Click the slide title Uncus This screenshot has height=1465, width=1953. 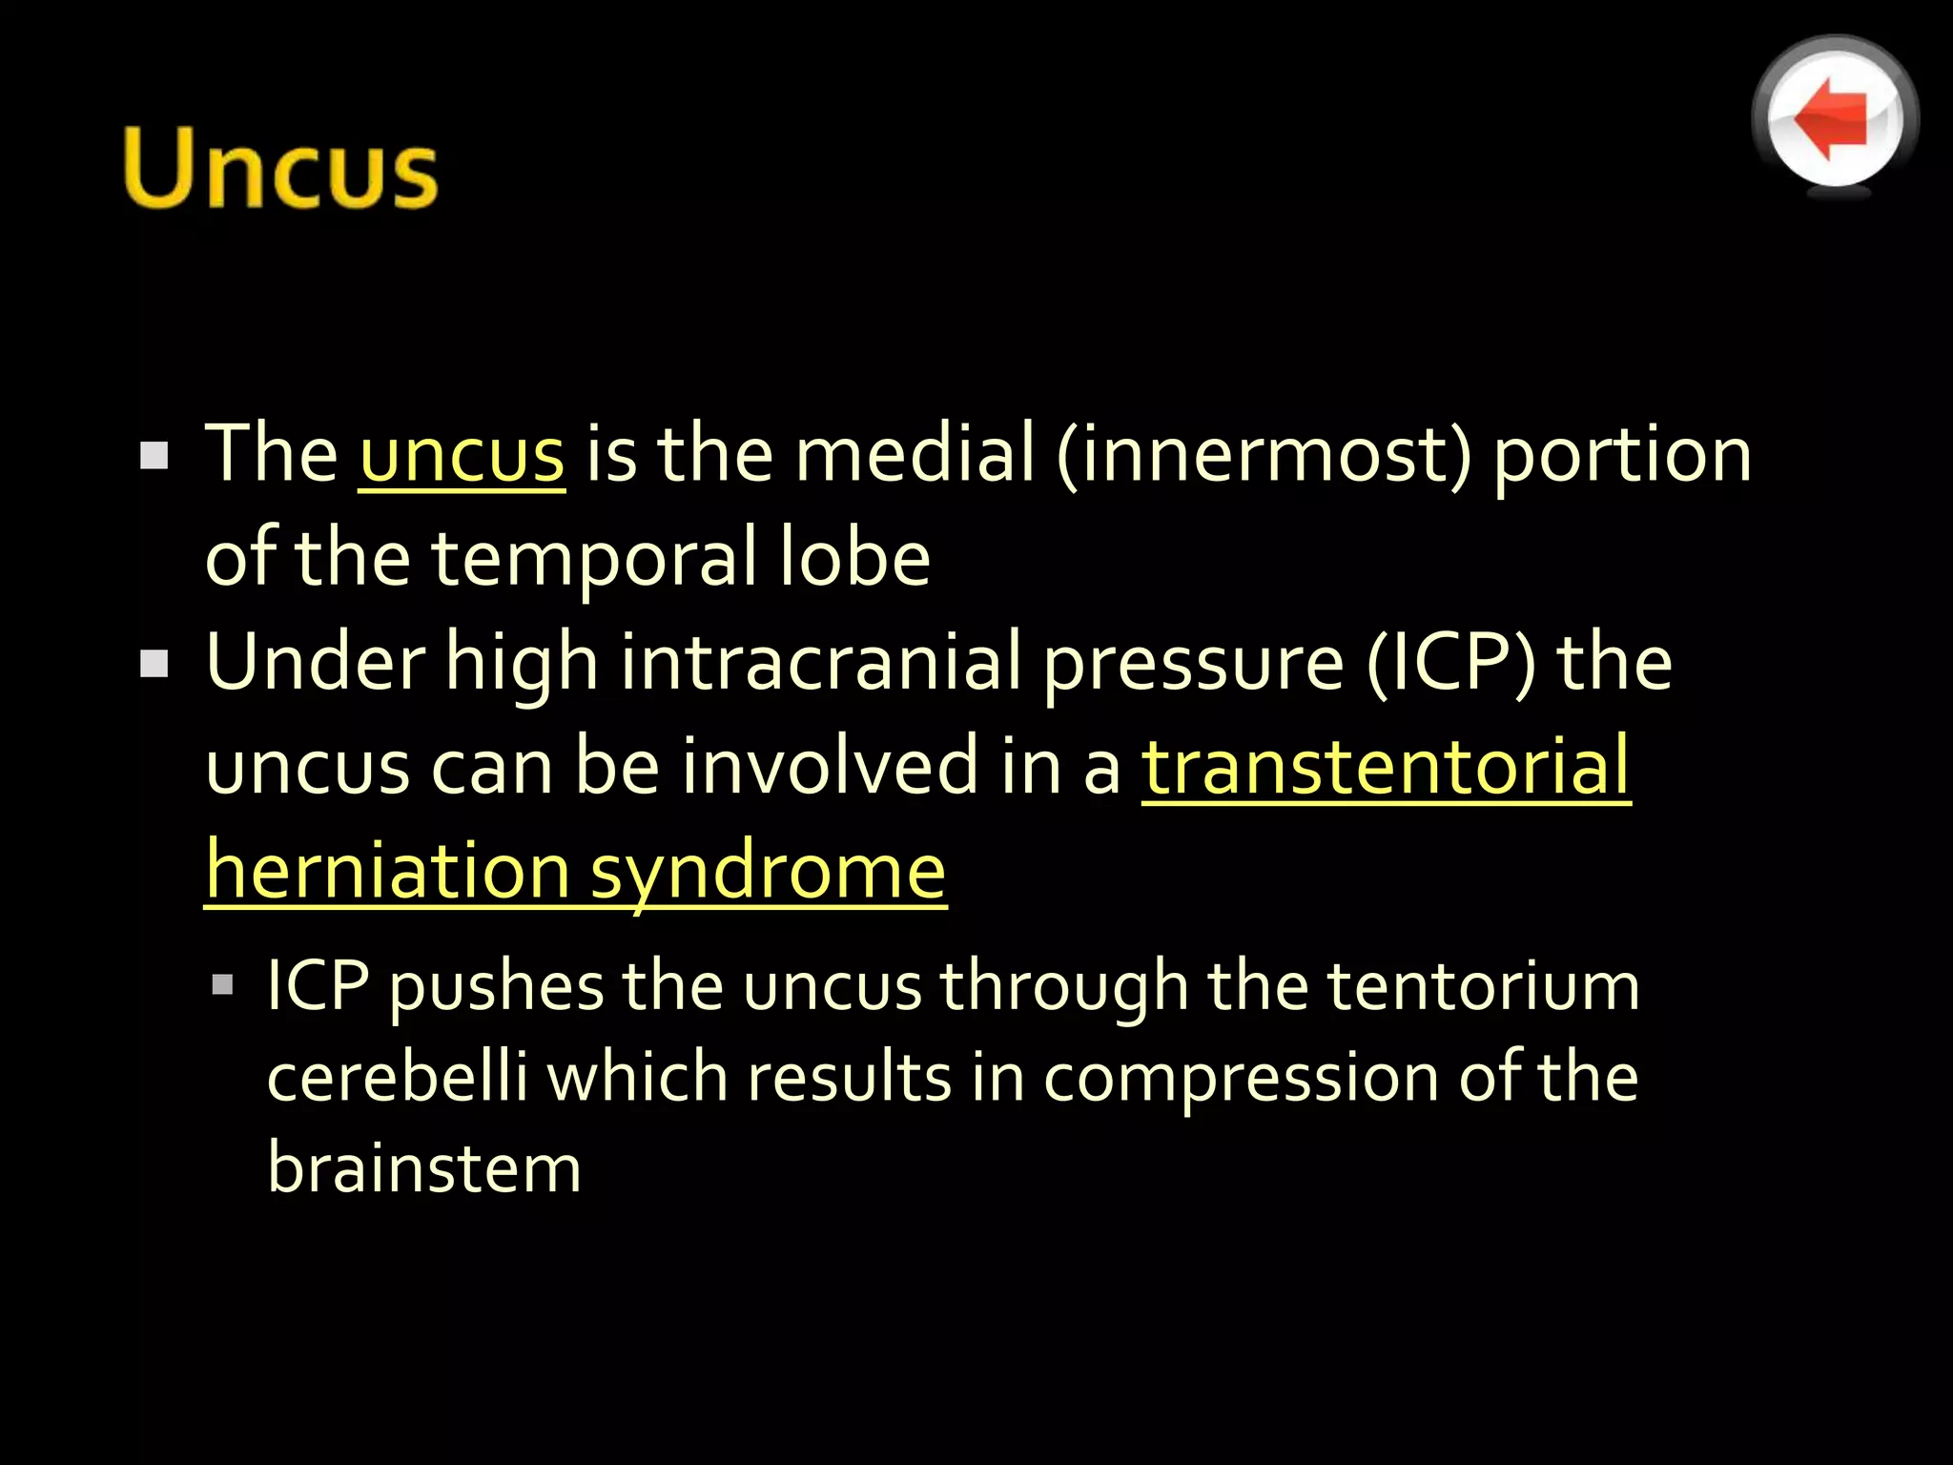coord(280,169)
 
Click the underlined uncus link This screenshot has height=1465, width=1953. coord(462,455)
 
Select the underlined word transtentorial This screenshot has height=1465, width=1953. coord(1386,767)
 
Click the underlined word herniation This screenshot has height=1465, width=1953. coord(387,871)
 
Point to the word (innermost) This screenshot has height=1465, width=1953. coord(1264,455)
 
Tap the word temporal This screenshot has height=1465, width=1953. coord(595,559)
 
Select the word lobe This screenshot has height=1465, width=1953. coord(853,558)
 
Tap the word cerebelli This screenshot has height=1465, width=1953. coord(397,1077)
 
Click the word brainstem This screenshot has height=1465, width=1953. coord(424,1167)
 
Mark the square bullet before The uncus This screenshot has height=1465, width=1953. coord(154,455)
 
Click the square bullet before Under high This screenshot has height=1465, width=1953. coord(154,663)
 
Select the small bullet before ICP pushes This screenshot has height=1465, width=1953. coord(223,984)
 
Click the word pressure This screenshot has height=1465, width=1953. coord(1193,665)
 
